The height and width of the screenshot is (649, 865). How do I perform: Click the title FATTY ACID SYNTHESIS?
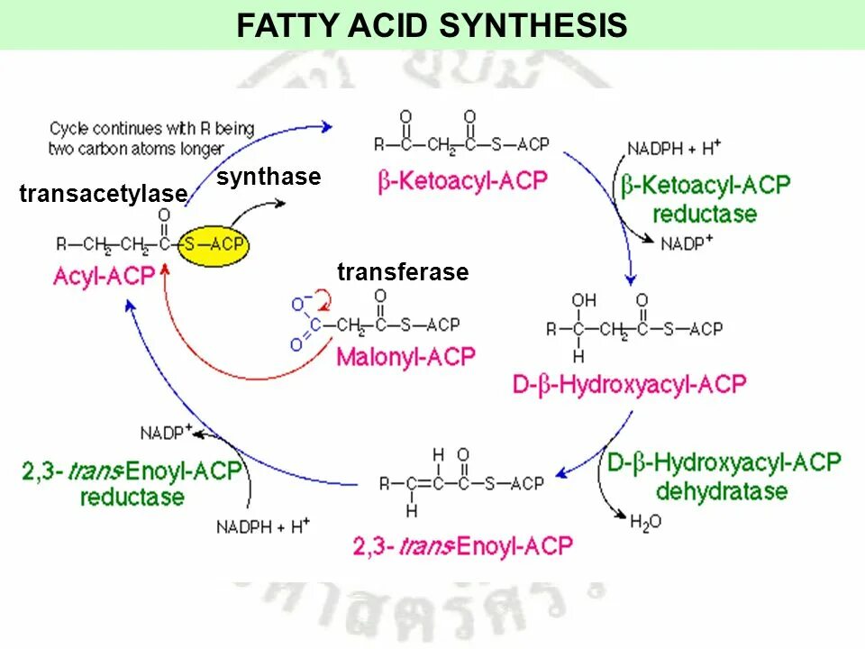432,25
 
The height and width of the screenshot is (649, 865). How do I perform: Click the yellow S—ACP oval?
214,244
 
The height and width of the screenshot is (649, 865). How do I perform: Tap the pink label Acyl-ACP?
104,276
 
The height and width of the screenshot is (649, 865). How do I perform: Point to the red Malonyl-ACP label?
405,356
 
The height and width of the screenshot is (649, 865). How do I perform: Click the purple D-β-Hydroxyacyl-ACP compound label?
630,385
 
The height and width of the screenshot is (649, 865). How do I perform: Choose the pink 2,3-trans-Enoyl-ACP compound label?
460,545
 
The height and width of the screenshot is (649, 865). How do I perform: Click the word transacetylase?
103,194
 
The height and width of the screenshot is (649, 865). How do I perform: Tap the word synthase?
269,177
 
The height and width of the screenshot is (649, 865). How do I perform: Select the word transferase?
403,272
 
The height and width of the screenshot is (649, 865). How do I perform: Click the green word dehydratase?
722,492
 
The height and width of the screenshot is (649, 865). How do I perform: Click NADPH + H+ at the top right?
674,148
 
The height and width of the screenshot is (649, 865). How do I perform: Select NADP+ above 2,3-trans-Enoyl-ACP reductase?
167,432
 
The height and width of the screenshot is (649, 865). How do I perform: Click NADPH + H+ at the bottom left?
262,525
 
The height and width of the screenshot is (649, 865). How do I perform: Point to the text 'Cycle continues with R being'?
152,129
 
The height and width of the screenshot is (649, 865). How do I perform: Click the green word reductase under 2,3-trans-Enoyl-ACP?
132,497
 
